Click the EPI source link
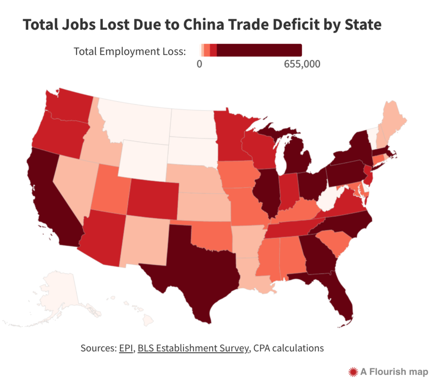125,348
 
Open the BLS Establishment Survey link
193,348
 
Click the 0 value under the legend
199,64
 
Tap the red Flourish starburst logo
353,371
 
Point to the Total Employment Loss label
130,52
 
